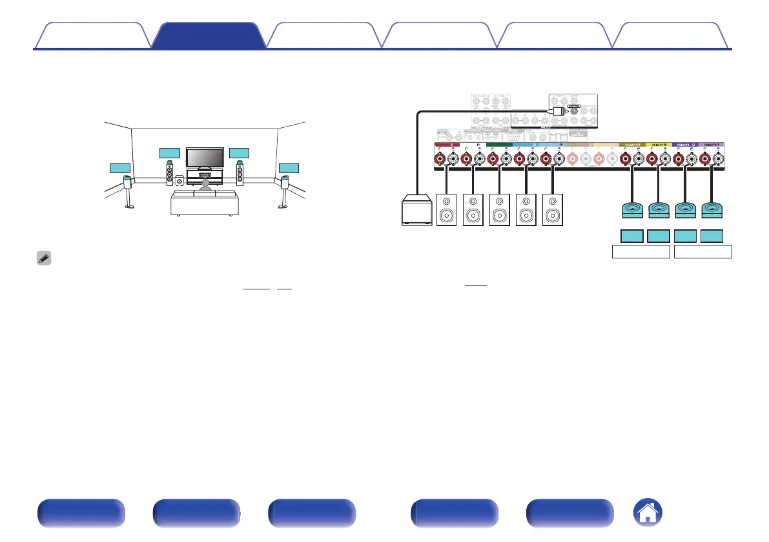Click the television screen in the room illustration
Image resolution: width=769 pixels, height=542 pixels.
[205, 157]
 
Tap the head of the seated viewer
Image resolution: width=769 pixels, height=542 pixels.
[205, 185]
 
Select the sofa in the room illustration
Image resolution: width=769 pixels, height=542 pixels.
[204, 203]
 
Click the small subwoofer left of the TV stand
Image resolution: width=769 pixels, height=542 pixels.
[179, 182]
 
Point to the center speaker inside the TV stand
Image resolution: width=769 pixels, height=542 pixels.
[205, 175]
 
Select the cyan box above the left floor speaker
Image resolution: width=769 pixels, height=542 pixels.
[169, 153]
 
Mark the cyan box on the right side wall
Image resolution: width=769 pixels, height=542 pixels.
[289, 168]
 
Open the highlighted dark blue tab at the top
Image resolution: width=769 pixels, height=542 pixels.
[209, 36]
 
